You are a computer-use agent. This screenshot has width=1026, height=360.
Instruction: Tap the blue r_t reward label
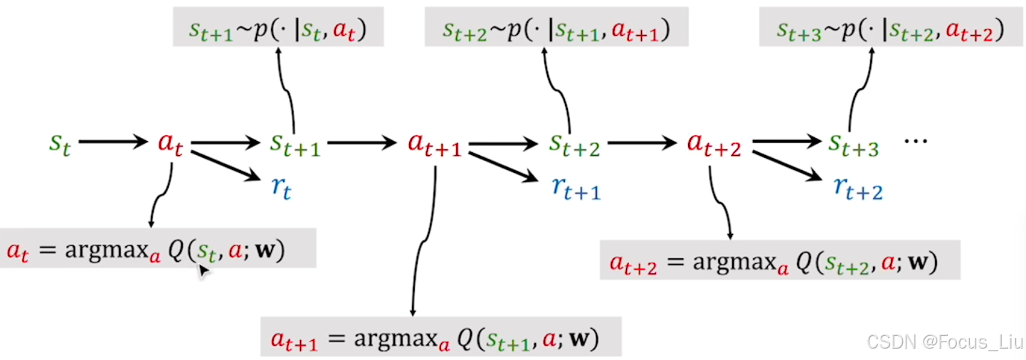pyautogui.click(x=281, y=188)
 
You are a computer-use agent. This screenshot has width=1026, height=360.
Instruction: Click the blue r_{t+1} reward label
pyautogui.click(x=576, y=188)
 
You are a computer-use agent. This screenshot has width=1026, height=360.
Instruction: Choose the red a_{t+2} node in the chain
pyautogui.click(x=714, y=144)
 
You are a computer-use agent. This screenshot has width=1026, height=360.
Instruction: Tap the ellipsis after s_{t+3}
pyautogui.click(x=915, y=141)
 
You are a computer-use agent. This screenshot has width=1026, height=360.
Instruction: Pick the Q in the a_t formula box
pyautogui.click(x=175, y=251)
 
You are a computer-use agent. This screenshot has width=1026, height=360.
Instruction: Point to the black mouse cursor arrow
pyautogui.click(x=203, y=270)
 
